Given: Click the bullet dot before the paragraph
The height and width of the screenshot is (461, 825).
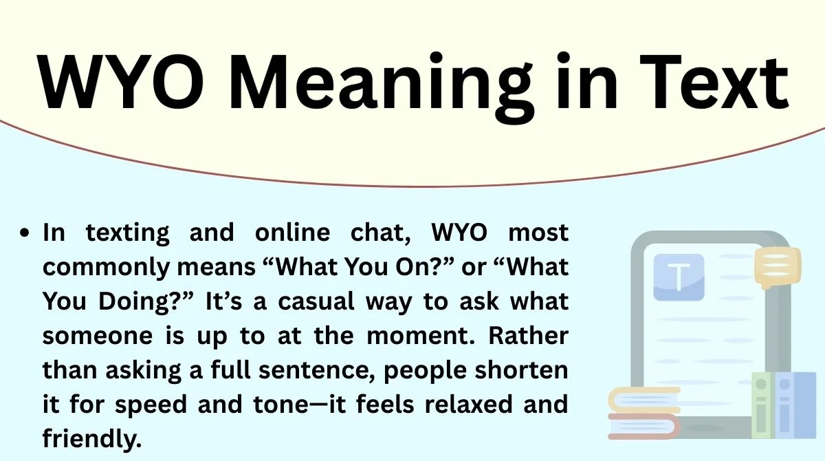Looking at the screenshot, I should (x=26, y=234).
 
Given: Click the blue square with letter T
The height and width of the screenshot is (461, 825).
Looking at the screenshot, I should (x=679, y=277).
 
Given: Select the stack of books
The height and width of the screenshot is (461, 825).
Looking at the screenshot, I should (x=643, y=412).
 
